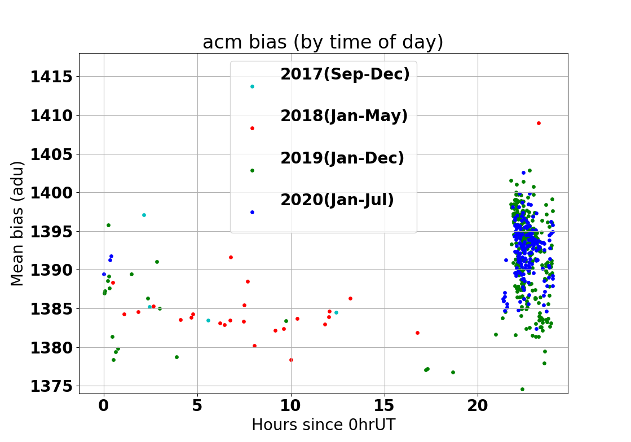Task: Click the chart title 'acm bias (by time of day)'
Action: click(x=323, y=42)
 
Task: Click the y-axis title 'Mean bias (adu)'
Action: click(x=17, y=224)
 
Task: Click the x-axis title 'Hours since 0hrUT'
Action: click(x=324, y=425)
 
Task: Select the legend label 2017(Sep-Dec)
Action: click(x=345, y=74)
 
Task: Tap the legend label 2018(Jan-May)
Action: click(x=344, y=116)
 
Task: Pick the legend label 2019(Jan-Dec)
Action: click(x=342, y=158)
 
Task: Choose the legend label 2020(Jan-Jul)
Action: click(x=337, y=200)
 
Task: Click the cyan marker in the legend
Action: click(x=252, y=86)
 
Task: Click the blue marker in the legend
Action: click(x=252, y=213)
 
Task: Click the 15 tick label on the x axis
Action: click(x=385, y=405)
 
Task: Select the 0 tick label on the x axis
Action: click(x=104, y=405)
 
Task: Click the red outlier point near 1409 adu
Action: click(x=539, y=123)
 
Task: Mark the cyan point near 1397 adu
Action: click(x=144, y=215)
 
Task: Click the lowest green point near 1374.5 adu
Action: click(x=522, y=390)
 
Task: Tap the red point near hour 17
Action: click(x=418, y=333)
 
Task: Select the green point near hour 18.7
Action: click(x=453, y=373)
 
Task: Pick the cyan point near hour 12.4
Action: click(x=337, y=312)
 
